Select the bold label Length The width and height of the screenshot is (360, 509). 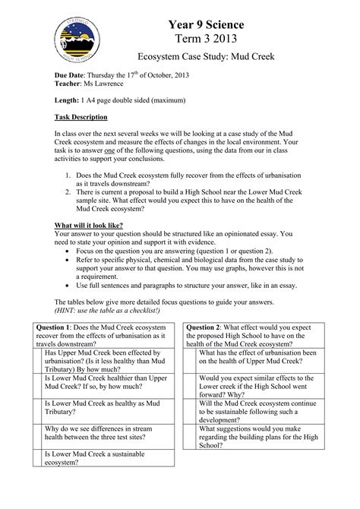[x=68, y=102]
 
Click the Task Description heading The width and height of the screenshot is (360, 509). [x=81, y=118]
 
